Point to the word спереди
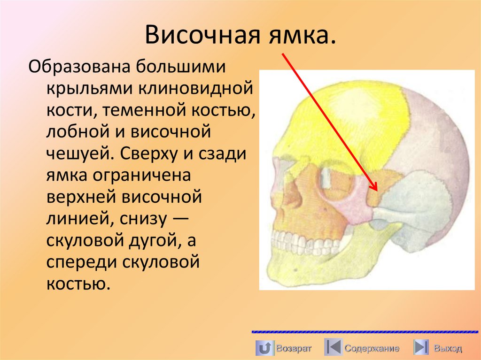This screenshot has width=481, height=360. coord(80,263)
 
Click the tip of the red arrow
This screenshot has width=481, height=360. coord(377,191)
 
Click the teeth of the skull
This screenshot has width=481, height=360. coord(301,240)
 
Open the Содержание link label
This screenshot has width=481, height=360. coord(372,348)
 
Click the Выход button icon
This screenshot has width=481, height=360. coord(420,348)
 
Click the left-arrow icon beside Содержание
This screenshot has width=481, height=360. coord(333,348)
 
